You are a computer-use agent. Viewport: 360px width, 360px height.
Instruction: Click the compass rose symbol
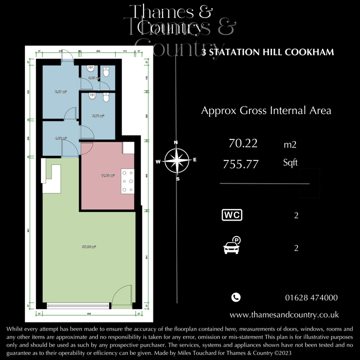[x=175, y=160]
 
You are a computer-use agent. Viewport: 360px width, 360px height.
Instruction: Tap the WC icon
[x=232, y=215]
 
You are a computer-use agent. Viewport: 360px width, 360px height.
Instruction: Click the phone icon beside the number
[x=236, y=297]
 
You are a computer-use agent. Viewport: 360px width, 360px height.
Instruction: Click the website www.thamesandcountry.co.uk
[x=284, y=315]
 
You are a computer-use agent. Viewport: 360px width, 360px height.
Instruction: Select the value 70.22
[x=243, y=144]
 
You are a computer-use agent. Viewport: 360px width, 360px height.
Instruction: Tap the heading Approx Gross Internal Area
[x=266, y=110]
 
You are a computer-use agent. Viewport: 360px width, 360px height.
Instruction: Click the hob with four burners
[x=127, y=181]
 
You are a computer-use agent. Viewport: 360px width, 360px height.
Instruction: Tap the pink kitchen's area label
[x=107, y=176]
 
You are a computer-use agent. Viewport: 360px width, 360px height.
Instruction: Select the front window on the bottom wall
[x=78, y=305]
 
